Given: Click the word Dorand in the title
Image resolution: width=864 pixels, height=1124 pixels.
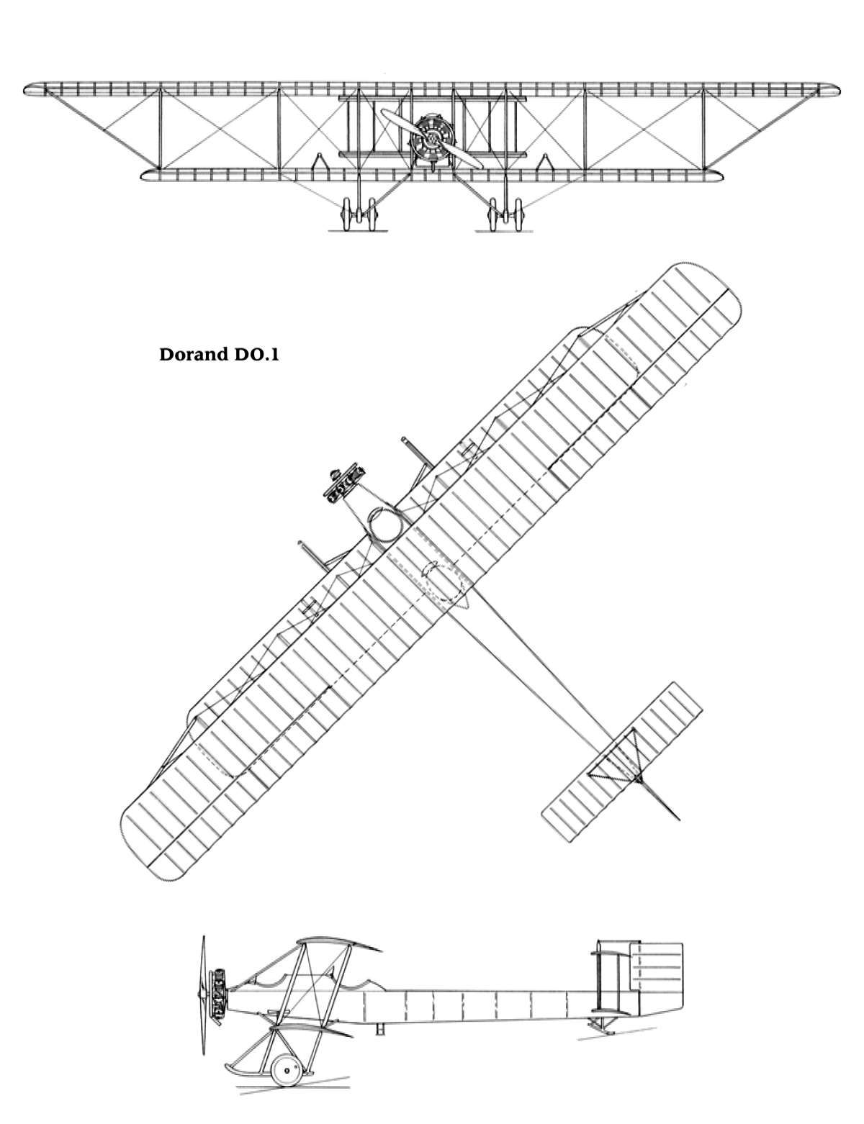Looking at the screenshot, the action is (193, 355).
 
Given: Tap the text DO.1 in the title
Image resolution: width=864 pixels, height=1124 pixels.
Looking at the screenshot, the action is (255, 355).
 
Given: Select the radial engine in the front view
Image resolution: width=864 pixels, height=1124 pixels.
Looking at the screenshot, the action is (432, 138).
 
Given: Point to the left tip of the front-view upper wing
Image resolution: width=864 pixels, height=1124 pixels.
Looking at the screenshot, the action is (24, 90).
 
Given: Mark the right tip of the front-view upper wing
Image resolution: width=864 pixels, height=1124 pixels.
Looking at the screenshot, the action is (840, 90).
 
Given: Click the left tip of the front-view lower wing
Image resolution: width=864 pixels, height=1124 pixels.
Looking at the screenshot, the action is (140, 175).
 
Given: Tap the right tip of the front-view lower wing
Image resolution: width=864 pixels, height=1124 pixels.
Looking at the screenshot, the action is (723, 175).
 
